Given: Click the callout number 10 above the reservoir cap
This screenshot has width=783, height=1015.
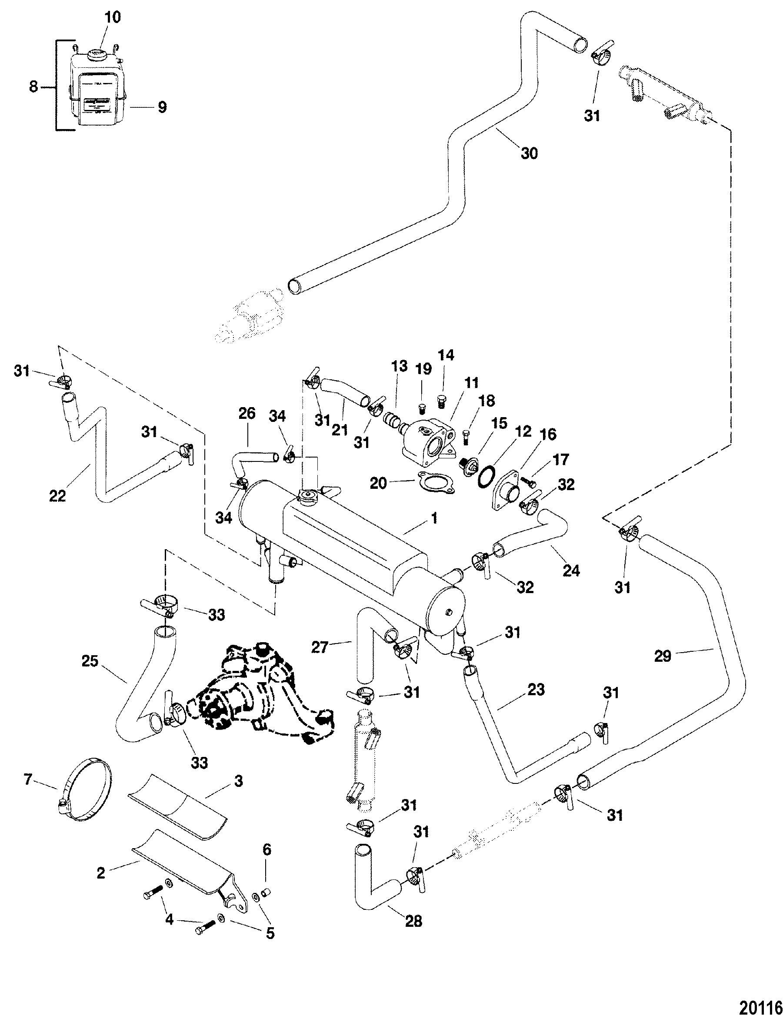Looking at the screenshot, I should tap(113, 17).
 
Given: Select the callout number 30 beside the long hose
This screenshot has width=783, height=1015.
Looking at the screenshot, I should tap(529, 153).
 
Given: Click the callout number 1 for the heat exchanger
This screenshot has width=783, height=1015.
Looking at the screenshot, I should tap(434, 518).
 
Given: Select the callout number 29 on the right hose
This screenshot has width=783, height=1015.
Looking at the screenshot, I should tap(663, 656).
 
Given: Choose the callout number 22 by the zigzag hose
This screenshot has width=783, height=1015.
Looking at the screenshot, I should tap(58, 496).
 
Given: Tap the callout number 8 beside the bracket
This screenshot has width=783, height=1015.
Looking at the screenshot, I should tap(33, 86).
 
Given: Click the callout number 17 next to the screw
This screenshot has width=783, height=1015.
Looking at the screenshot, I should tap(561, 460).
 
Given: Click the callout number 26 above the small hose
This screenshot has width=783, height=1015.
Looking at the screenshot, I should tap(247, 414).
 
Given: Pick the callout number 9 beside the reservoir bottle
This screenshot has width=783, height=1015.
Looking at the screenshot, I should tap(161, 107).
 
